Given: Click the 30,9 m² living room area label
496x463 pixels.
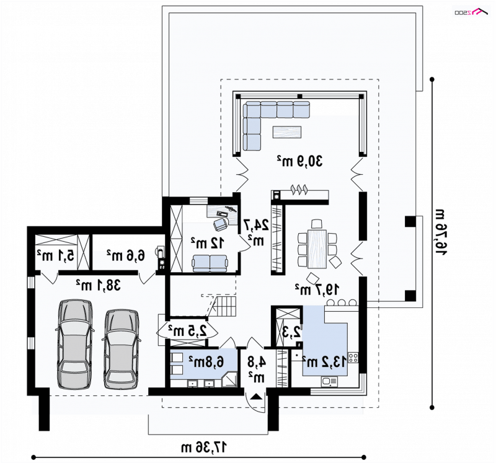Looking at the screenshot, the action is coord(300,161).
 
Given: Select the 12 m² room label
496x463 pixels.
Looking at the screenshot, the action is coord(208,243).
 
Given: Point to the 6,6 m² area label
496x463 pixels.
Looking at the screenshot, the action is coord(126,255).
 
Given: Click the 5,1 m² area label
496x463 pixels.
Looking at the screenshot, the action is coord(55,255).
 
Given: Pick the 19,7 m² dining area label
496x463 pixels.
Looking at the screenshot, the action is coord(317,289).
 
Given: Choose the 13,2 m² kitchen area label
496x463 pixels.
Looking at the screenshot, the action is coord(324,361).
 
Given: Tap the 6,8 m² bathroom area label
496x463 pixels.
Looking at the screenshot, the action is coord(206,361).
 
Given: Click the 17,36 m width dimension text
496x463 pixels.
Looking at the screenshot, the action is coord(204,447).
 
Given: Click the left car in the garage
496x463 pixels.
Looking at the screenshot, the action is coord(74,344).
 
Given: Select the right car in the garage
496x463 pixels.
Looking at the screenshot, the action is coord(122,349).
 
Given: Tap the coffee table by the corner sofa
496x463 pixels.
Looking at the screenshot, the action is coord(287,132).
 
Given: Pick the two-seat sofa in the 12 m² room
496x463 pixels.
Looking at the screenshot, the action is coord(210,263).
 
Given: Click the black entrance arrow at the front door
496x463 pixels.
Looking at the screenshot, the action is coord(256,397).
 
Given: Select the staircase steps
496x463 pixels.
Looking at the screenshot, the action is coord(226,306).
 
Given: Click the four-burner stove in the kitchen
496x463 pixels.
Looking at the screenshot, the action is coord(353,358).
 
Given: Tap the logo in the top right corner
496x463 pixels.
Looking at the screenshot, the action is coord(471,12).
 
